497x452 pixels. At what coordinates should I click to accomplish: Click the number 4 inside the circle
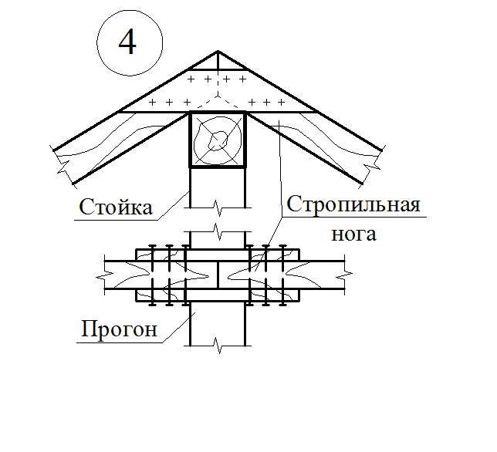(127, 43)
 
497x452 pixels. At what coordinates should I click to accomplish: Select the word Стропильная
(353, 206)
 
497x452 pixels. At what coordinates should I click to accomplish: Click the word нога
(353, 234)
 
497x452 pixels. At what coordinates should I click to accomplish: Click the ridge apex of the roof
(218, 52)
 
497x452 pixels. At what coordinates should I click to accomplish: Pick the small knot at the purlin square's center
(219, 140)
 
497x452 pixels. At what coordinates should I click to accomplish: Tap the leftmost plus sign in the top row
(192, 79)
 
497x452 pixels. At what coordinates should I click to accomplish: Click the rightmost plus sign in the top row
(243, 79)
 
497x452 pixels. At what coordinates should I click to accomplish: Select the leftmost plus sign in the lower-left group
(152, 102)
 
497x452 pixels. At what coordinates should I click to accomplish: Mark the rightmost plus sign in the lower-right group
(283, 102)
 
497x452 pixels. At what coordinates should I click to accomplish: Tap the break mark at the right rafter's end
(375, 164)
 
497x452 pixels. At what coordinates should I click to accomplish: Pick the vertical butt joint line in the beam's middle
(218, 275)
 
